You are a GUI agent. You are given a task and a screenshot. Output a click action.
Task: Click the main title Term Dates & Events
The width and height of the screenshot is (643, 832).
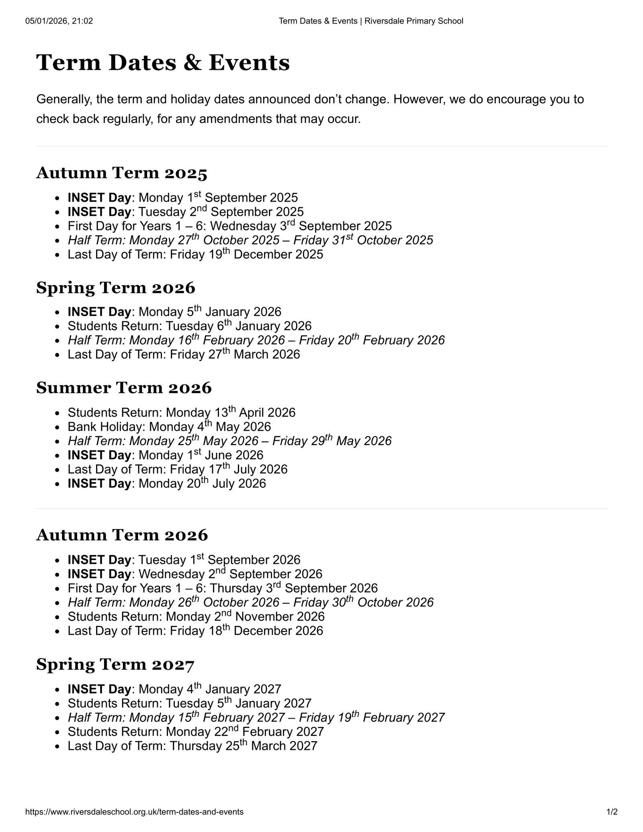pyautogui.click(x=163, y=63)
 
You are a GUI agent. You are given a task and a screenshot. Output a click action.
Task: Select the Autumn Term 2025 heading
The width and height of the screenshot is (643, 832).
pyautogui.click(x=122, y=173)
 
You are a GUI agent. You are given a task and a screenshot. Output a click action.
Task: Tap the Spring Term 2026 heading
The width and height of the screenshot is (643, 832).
pyautogui.click(x=116, y=288)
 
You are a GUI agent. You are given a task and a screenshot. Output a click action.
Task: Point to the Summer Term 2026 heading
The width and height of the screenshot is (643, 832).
pyautogui.click(x=124, y=388)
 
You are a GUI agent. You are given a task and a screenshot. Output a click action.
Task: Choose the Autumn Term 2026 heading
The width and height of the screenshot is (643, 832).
pyautogui.click(x=122, y=535)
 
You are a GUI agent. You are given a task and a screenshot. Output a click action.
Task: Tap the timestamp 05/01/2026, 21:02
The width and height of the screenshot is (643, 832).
pyautogui.click(x=59, y=21)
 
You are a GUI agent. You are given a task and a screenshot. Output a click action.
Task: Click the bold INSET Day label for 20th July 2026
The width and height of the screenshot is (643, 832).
pyautogui.click(x=99, y=483)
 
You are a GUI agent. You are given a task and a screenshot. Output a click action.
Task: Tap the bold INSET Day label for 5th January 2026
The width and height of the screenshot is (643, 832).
pyautogui.click(x=99, y=312)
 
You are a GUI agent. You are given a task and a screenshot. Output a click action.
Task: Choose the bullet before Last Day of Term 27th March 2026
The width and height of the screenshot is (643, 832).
pyautogui.click(x=59, y=355)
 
